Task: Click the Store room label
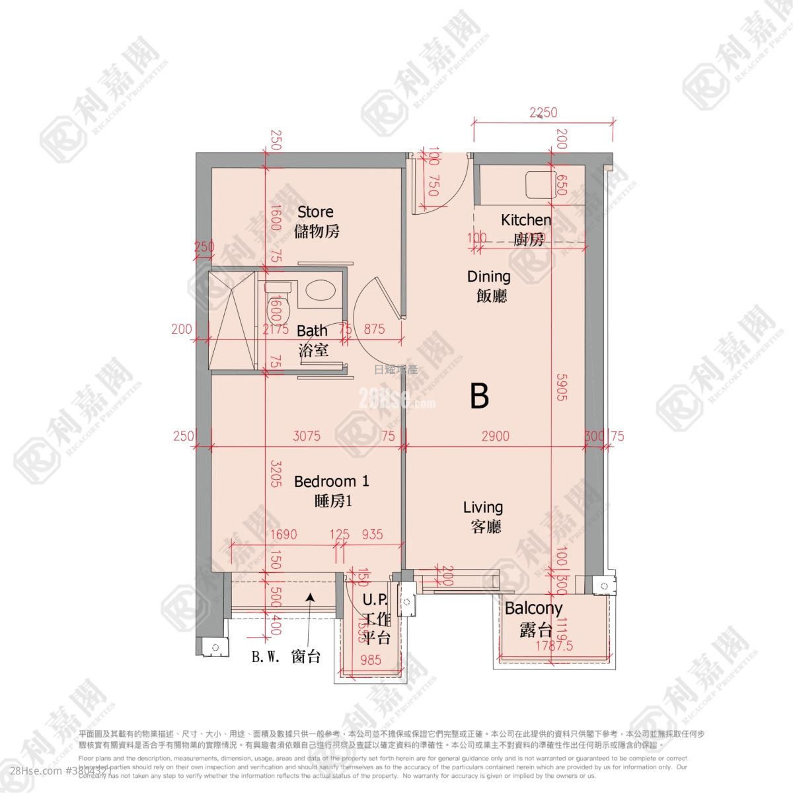[x=317, y=221]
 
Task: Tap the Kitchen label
[x=526, y=229]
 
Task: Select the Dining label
[x=489, y=285]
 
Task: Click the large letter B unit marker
[x=480, y=396]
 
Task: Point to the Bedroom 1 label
[x=332, y=490]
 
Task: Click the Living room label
[x=483, y=516]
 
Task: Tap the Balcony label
[x=533, y=618]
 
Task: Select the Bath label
[x=312, y=340]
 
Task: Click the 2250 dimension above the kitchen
[x=543, y=113]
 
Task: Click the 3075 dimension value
[x=307, y=436]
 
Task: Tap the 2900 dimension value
[x=495, y=436]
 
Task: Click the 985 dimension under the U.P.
[x=371, y=659]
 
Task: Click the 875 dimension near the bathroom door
[x=374, y=329]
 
